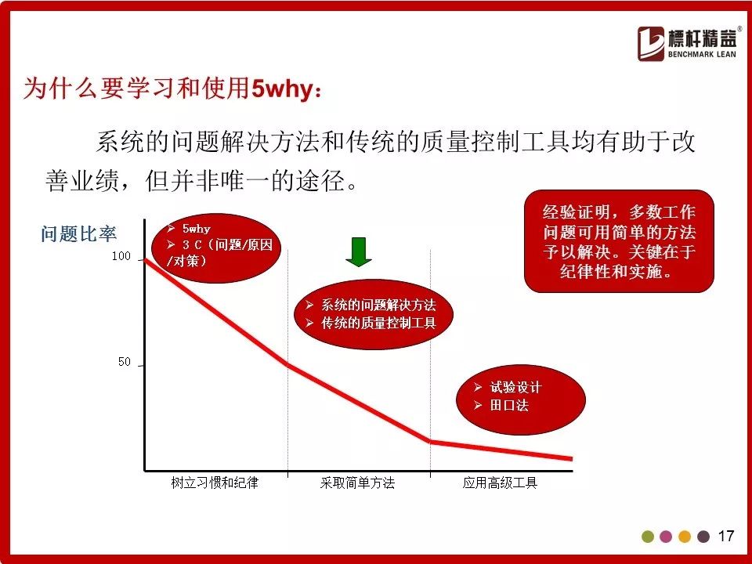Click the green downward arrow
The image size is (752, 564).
coord(359,251)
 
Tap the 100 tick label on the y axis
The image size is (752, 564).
coord(121,256)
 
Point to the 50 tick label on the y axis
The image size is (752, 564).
coord(125,362)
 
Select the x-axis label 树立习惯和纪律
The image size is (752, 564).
coord(215,483)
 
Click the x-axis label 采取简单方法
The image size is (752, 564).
coord(357,483)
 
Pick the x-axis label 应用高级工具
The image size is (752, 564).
coord(500,483)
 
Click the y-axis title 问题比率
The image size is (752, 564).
coord(78,234)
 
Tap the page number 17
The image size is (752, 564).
coord(726,536)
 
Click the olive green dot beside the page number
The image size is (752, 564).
coord(648,536)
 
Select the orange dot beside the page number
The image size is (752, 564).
coord(685,536)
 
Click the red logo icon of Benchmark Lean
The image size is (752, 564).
coord(651,44)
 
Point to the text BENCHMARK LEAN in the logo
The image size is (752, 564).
coord(702,54)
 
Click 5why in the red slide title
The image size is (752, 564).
coord(282,89)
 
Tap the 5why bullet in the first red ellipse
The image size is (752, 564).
coord(196,229)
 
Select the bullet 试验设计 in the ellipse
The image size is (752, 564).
coord(515,387)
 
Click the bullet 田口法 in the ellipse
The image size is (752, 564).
coord(509,405)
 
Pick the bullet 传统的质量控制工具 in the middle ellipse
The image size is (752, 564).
coord(378,323)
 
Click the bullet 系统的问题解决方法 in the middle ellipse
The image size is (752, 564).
coord(378,305)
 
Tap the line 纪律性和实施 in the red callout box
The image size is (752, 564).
coord(616,272)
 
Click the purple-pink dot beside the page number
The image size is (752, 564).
coord(666,536)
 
